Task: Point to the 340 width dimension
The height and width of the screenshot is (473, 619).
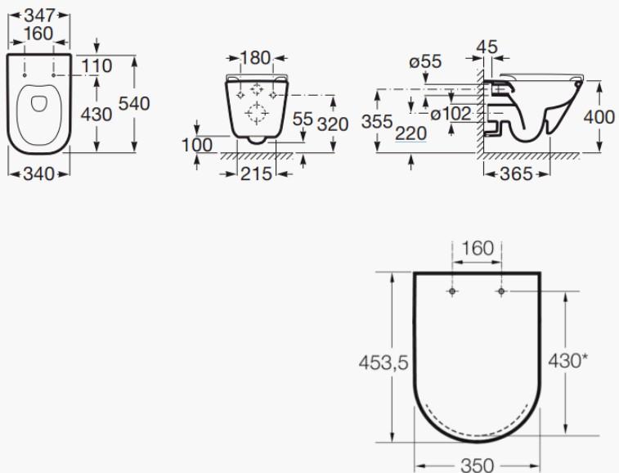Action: coord(38,173)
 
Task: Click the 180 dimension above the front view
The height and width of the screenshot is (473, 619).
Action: coord(256,58)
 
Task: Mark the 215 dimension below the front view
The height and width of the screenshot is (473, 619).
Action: coord(256,173)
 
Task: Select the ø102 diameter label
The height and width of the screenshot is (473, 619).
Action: coord(451,114)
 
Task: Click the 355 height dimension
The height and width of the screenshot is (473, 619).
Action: coord(377,122)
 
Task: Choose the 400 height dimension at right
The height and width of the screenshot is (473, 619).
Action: coord(599,117)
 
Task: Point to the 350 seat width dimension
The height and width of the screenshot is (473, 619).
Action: coord(477,465)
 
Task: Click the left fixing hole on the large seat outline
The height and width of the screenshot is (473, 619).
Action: coord(453,291)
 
